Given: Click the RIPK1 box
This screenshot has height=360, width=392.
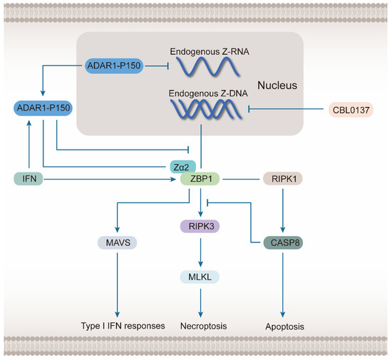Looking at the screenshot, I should (283, 179).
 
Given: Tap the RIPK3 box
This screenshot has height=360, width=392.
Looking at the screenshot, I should (195, 227).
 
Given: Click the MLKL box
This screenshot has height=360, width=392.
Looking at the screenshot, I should (195, 276).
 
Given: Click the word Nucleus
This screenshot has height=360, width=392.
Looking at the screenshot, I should (274, 85).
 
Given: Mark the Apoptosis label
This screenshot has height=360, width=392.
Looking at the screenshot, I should (283, 325).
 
